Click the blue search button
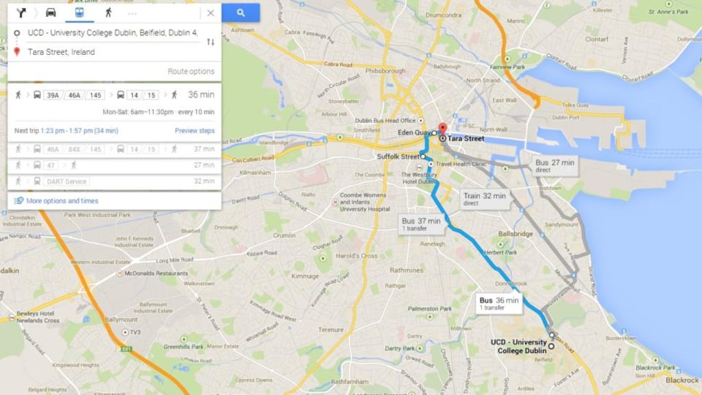coord(241,12)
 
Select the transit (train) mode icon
coord(80,12)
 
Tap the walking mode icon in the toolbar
coord(108,12)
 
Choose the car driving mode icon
coord(51,12)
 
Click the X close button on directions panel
coord(210,13)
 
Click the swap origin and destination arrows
coord(210,42)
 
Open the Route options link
coord(191,71)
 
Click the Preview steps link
coord(194,131)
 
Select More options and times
coord(62,201)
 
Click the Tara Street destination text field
coord(110,52)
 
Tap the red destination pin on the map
coord(442,129)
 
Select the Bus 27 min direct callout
coord(555,165)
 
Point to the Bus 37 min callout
coord(421,224)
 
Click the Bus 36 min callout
coord(499,303)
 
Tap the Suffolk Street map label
coord(398,157)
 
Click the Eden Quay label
coord(413,132)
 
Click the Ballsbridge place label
coord(515,234)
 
